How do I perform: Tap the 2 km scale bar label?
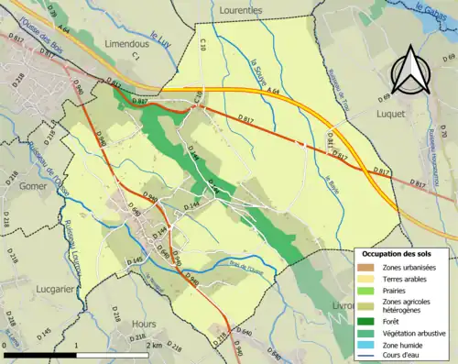tap(153, 345)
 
